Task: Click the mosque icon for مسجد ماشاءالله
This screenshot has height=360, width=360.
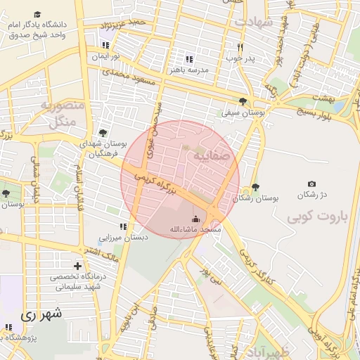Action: click(x=195, y=218)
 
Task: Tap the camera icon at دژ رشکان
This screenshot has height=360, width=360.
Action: click(x=312, y=184)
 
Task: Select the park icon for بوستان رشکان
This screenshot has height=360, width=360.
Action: click(x=255, y=187)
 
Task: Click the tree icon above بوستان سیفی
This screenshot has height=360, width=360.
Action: click(x=243, y=101)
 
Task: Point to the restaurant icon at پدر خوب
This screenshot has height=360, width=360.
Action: click(x=240, y=47)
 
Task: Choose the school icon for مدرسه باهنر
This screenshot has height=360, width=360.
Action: click(x=188, y=59)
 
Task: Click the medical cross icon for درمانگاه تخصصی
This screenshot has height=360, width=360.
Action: click(x=86, y=266)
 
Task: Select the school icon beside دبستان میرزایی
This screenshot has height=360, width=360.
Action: click(x=123, y=226)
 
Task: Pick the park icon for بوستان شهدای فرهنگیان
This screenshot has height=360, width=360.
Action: click(x=103, y=132)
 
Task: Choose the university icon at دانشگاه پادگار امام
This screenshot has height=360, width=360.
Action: click(x=37, y=14)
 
